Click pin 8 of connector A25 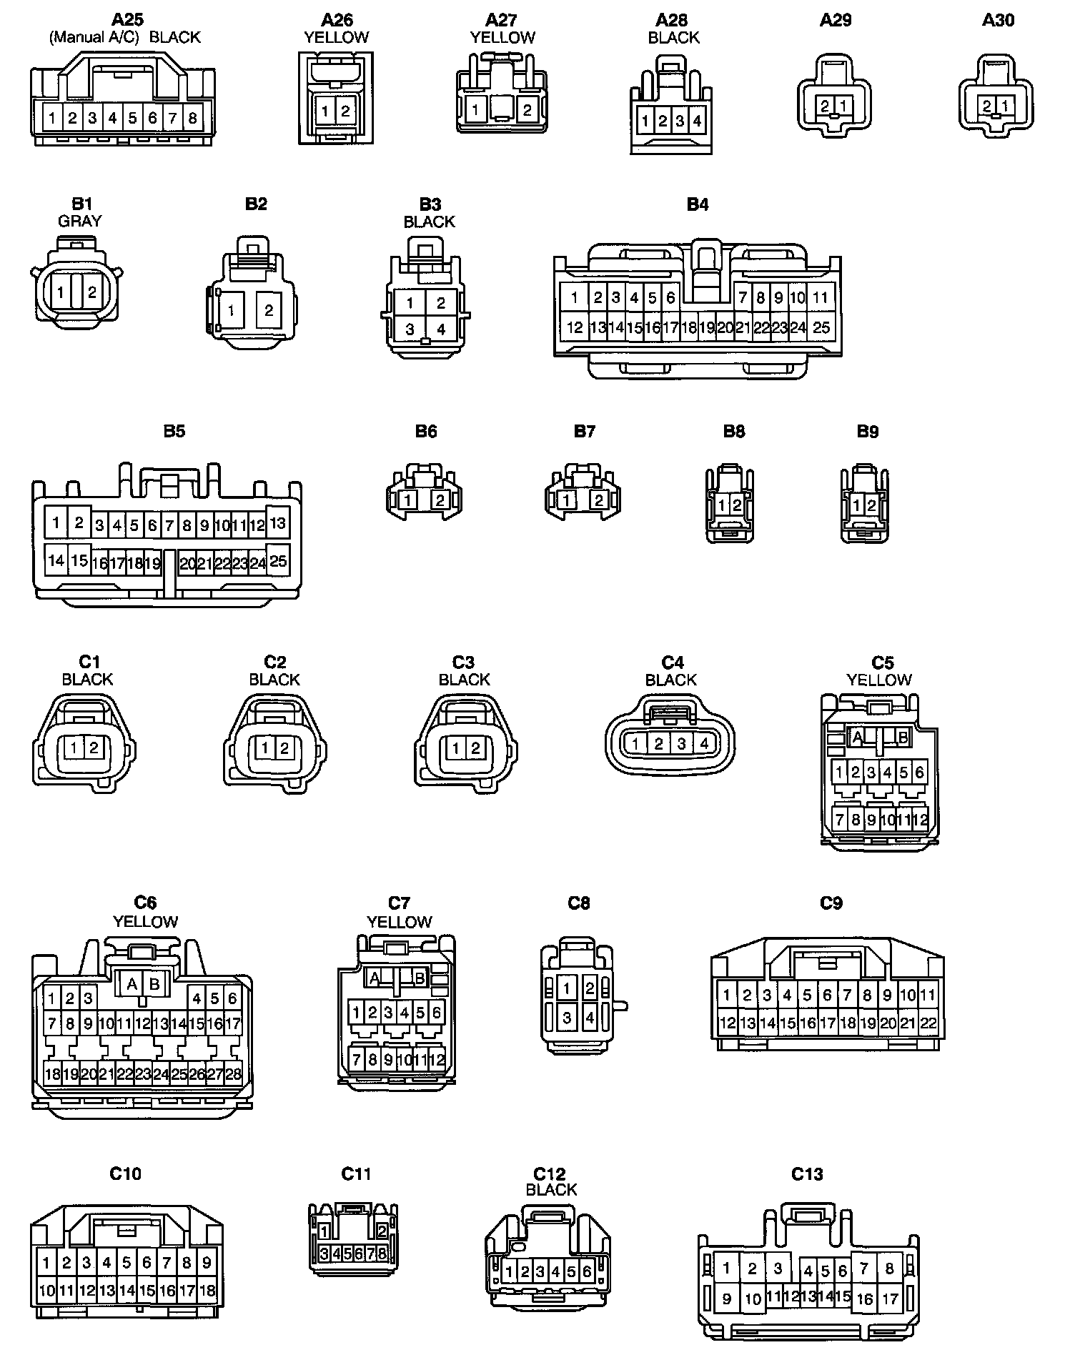pos(192,118)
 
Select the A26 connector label pos(337,20)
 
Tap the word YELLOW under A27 pos(502,38)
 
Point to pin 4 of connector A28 pos(698,121)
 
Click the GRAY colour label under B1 pos(80,222)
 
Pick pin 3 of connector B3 pos(410,329)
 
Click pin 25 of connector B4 pos(821,327)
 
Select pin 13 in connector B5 pos(277,522)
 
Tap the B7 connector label pos(585,432)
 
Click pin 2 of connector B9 pos(871,505)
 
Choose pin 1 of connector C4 pos(635,744)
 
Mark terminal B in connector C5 pos(903,737)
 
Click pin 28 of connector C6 pos(233,1073)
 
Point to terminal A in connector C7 pos(374,978)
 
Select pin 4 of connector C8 pos(590,1016)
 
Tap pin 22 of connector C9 pos(928,1023)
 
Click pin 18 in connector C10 pos(207,1291)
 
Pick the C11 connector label pos(356,1174)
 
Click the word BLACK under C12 pos(551,1190)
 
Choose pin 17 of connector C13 pos(890,1298)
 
